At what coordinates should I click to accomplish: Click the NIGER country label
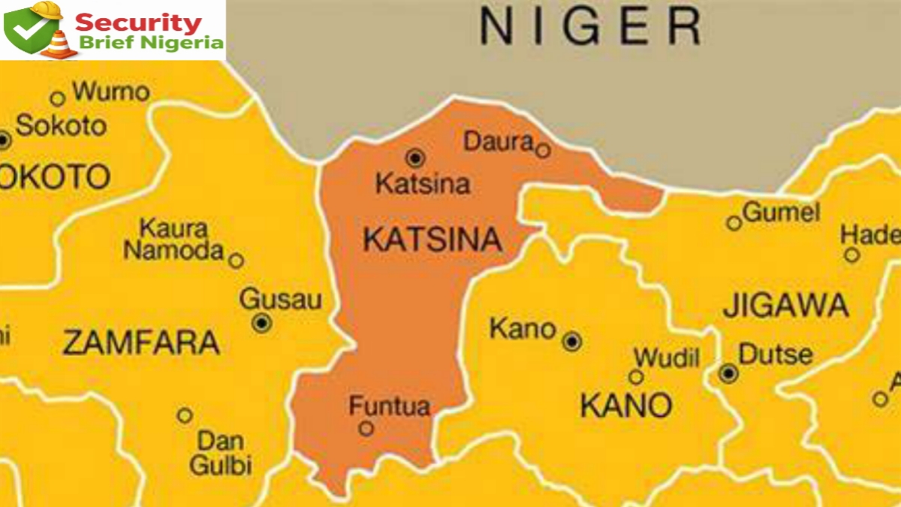tap(590, 27)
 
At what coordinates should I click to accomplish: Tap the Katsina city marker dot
tap(414, 158)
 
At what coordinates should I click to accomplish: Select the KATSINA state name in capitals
tap(432, 240)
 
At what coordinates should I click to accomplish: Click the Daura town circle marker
tap(542, 151)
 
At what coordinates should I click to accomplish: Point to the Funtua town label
tap(390, 406)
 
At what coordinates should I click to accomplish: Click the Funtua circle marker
tap(366, 428)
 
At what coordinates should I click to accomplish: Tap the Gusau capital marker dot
tap(261, 323)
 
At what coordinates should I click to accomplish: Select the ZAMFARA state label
tap(141, 343)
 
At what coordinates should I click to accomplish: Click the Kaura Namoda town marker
tap(236, 261)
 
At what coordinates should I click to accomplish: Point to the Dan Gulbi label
tap(220, 452)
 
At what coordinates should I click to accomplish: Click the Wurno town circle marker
tap(58, 98)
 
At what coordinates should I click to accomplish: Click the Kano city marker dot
tap(572, 342)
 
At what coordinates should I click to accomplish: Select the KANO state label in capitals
tap(626, 406)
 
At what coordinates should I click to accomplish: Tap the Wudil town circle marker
tap(636, 377)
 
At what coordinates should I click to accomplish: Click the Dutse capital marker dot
tap(728, 373)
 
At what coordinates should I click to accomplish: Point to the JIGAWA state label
tap(785, 306)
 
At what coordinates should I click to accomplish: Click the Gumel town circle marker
tap(734, 222)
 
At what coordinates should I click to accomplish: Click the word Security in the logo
tap(139, 21)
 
